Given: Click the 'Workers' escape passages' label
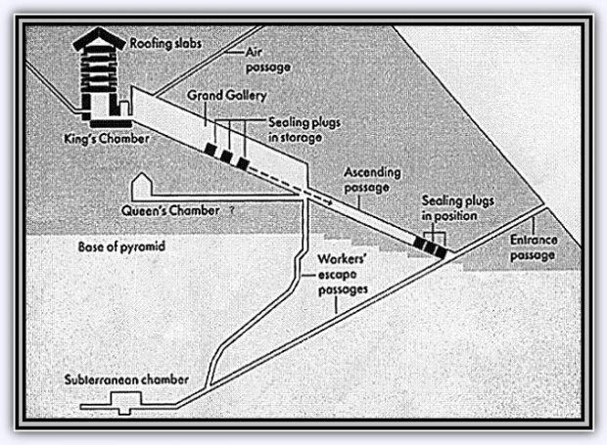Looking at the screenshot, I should tap(344, 275).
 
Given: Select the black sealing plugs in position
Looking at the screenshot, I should tap(430, 246).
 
